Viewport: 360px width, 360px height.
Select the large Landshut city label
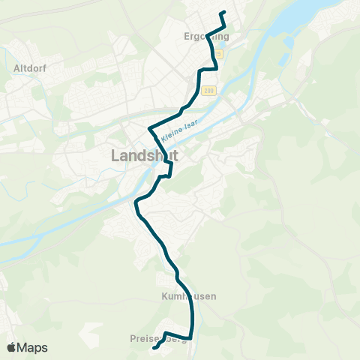(x=143, y=156)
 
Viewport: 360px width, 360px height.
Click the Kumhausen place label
(x=188, y=296)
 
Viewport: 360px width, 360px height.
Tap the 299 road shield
(x=211, y=90)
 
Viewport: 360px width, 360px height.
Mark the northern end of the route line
(x=223, y=13)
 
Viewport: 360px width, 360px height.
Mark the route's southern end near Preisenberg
(x=154, y=348)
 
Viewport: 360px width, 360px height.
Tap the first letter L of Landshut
(x=115, y=156)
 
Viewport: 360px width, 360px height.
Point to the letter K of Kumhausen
(x=163, y=296)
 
